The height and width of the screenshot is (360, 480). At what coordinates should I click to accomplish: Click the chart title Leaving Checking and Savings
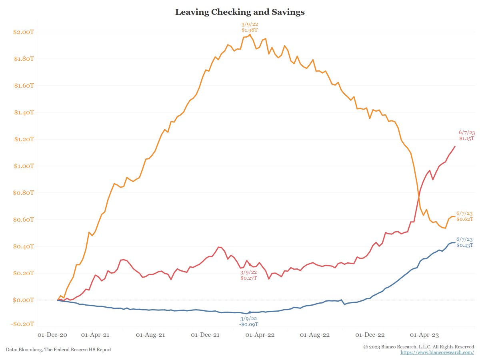tap(240, 12)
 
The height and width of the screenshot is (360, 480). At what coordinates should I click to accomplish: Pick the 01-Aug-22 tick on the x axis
tap(314, 334)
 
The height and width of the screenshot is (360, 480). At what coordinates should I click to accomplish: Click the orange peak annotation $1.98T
tap(250, 30)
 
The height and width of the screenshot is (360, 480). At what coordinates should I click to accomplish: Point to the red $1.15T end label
tap(466, 138)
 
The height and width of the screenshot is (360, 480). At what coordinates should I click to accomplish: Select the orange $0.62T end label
tap(465, 219)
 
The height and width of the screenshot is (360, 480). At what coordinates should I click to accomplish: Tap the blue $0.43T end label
tap(465, 245)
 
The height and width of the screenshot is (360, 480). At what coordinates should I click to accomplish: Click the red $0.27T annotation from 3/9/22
tap(248, 278)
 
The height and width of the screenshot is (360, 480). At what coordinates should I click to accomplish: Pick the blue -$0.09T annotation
tap(249, 324)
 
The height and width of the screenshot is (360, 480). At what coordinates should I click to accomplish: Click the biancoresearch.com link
tap(437, 352)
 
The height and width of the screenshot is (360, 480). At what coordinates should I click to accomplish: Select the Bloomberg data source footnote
tap(58, 350)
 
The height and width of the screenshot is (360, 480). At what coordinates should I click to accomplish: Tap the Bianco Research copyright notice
tap(419, 347)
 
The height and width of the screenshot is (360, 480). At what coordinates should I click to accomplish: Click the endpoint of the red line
tap(455, 146)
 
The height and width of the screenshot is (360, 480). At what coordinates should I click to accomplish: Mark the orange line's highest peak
tap(250, 34)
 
